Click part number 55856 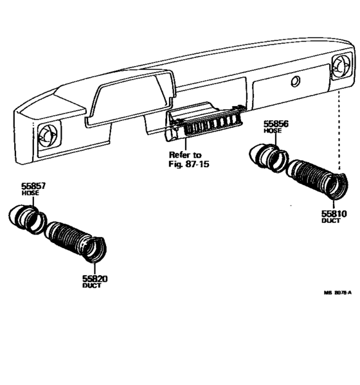[x=277, y=123]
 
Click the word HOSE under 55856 [x=273, y=131]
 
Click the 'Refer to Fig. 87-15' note [x=186, y=159]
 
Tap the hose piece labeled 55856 [x=265, y=157]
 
